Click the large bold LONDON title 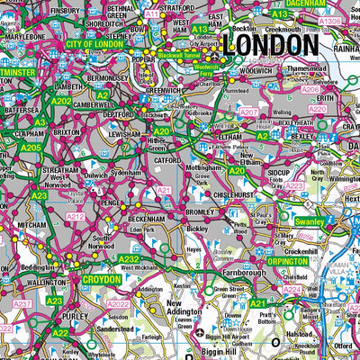pyautogui.click(x=274, y=45)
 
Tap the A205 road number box pyautogui.click(x=31, y=147)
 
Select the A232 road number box pyautogui.click(x=129, y=258)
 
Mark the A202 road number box pyautogui.click(x=62, y=102)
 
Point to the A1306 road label pyautogui.click(x=330, y=21)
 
